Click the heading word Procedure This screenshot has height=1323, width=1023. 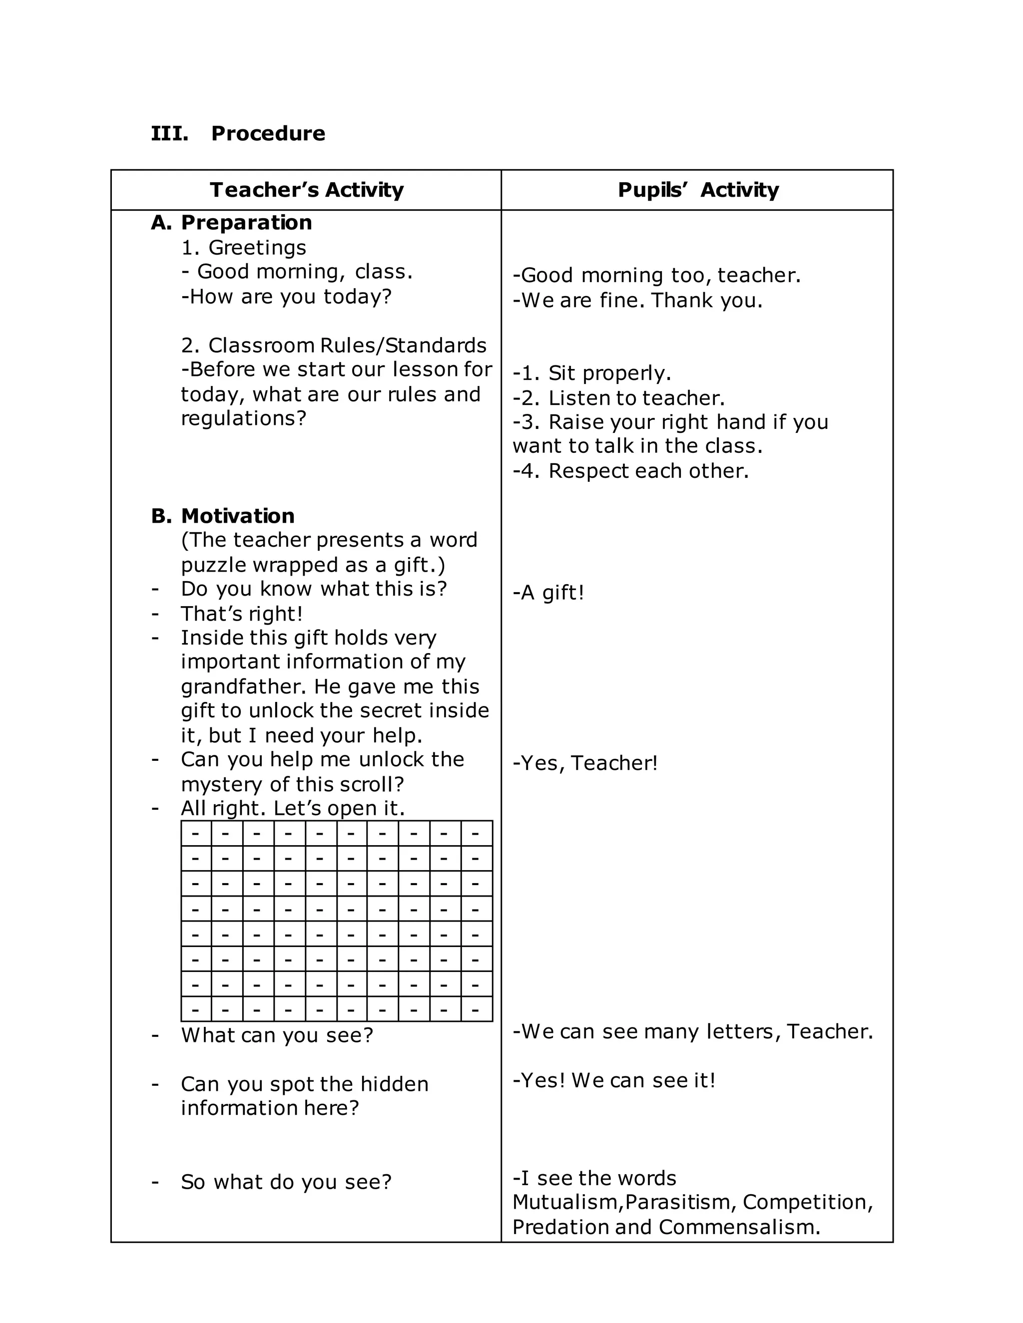click(x=268, y=133)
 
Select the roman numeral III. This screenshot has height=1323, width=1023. click(x=169, y=133)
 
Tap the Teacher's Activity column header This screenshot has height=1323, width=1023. click(x=307, y=190)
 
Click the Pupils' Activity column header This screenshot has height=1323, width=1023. click(x=698, y=190)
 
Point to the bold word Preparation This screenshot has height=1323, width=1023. click(x=246, y=222)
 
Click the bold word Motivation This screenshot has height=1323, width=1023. click(x=238, y=516)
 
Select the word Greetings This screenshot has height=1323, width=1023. click(x=257, y=247)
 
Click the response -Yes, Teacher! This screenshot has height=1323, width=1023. click(x=585, y=763)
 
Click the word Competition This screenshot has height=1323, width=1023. click(x=807, y=1202)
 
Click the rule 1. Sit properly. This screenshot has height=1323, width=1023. click(x=592, y=373)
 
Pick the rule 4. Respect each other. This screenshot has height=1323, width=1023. click(x=631, y=471)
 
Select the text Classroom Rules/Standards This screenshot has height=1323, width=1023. click(x=347, y=345)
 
